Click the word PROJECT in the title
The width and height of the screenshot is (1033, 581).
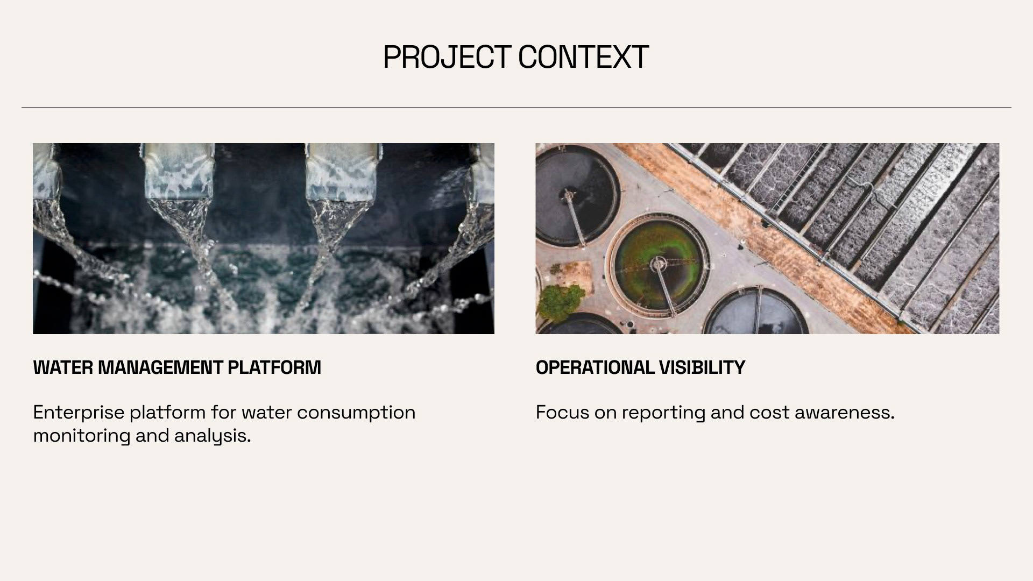[447, 57]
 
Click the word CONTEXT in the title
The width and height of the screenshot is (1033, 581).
[583, 57]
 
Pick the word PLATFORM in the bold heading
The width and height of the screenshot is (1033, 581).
[274, 367]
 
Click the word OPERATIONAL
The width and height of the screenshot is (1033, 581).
[595, 367]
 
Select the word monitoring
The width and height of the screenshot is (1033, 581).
[82, 436]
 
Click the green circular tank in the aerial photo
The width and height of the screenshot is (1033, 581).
[661, 264]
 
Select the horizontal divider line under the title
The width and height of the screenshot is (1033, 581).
[516, 108]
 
